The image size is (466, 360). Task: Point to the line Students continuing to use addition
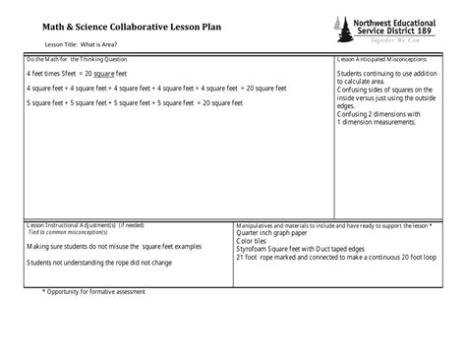click(386, 74)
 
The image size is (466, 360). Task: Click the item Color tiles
click(253, 241)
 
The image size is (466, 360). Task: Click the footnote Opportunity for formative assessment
click(101, 293)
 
